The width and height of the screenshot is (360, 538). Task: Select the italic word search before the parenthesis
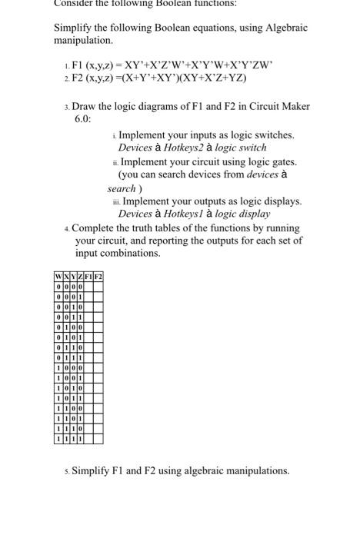(x=122, y=188)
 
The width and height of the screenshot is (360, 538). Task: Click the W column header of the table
(x=58, y=277)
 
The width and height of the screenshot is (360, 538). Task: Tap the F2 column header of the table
(x=98, y=277)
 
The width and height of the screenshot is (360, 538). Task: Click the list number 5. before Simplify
(x=66, y=470)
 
